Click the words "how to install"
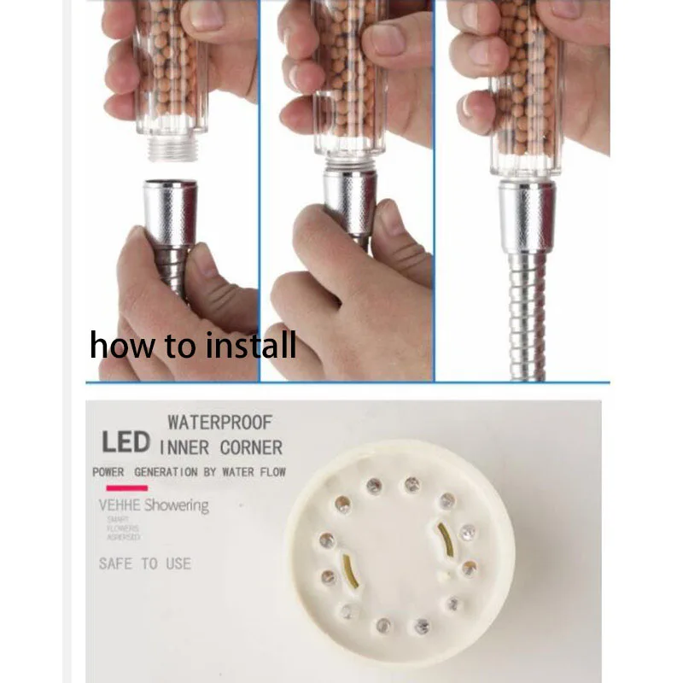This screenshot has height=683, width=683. (x=193, y=346)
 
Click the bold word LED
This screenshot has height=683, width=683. (x=126, y=442)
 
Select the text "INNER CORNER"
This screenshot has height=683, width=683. (x=220, y=447)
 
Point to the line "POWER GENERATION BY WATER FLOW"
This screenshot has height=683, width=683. (x=189, y=472)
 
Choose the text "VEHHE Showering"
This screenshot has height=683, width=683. (x=154, y=505)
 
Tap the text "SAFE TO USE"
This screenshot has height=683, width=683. (x=145, y=563)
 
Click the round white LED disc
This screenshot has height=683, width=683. (x=399, y=556)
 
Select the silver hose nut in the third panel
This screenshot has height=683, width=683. (x=527, y=215)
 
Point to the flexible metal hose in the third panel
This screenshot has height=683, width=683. (x=525, y=316)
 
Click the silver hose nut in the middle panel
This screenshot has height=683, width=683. (x=350, y=201)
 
